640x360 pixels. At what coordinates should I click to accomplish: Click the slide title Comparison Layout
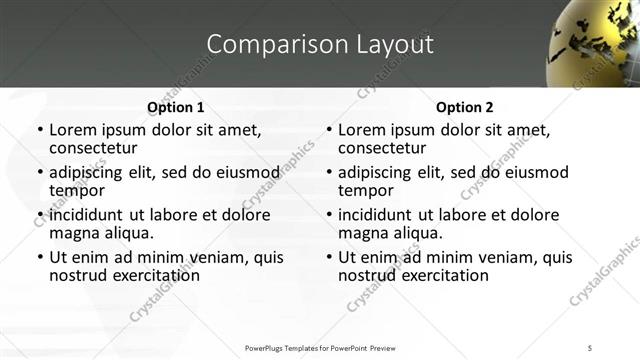coord(320,45)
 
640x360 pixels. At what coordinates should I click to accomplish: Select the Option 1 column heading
coord(175,107)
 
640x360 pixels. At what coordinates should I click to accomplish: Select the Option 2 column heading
coord(464,107)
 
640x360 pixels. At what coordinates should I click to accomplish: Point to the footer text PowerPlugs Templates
coord(320,348)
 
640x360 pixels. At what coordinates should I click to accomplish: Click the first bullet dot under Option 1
coord(39,130)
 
